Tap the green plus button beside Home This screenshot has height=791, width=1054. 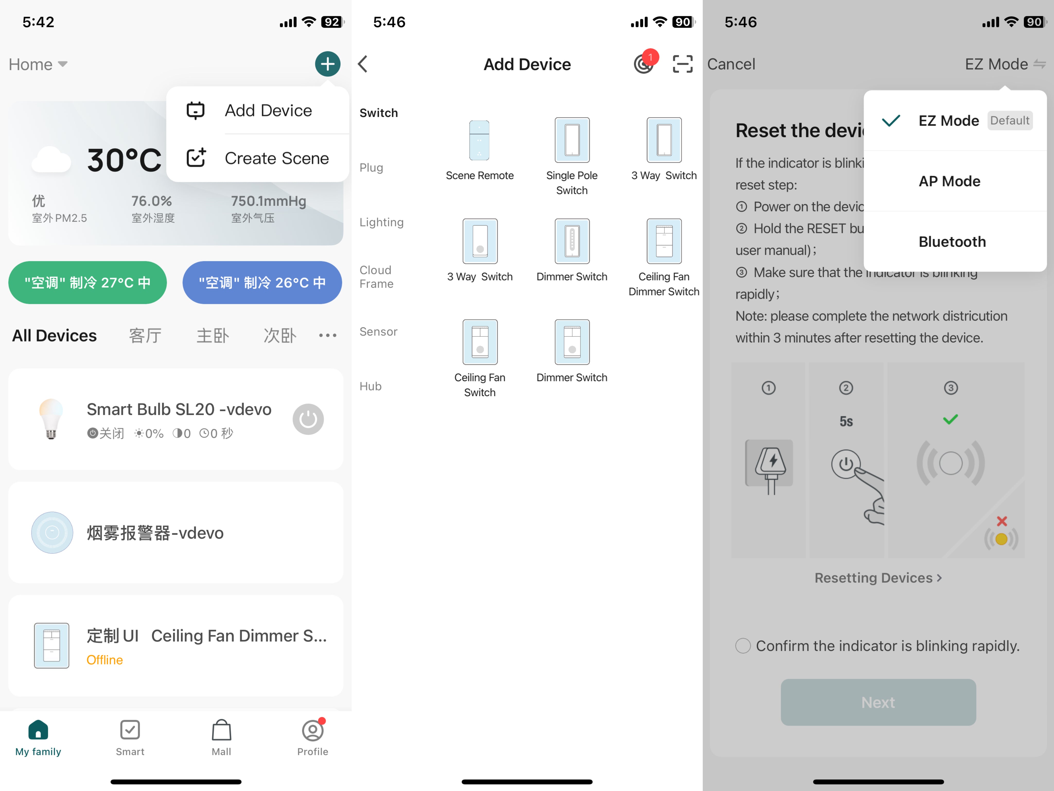(x=327, y=64)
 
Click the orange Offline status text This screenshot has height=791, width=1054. (x=105, y=660)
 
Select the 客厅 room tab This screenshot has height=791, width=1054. (x=145, y=336)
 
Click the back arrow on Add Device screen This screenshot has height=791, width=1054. (x=363, y=64)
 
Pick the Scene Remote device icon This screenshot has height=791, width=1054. (x=479, y=140)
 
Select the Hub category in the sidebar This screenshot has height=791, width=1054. (x=371, y=386)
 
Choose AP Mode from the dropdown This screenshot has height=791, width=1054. (x=950, y=181)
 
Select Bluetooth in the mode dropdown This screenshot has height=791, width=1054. (x=952, y=242)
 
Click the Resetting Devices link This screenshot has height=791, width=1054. (x=878, y=578)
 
